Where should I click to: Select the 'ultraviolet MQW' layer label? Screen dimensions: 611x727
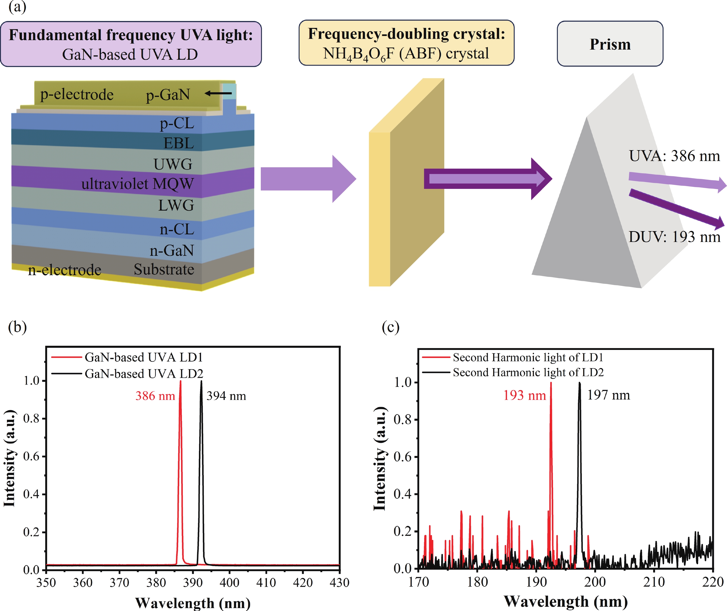137,184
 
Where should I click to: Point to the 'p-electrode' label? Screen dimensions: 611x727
77,95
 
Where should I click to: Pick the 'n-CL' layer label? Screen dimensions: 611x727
177,229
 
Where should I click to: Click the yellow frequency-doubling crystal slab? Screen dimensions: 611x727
406,184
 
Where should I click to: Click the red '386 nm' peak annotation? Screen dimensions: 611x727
155,396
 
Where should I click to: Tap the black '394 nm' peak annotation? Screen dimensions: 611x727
226,396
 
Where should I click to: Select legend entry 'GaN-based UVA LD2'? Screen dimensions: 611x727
144,374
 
